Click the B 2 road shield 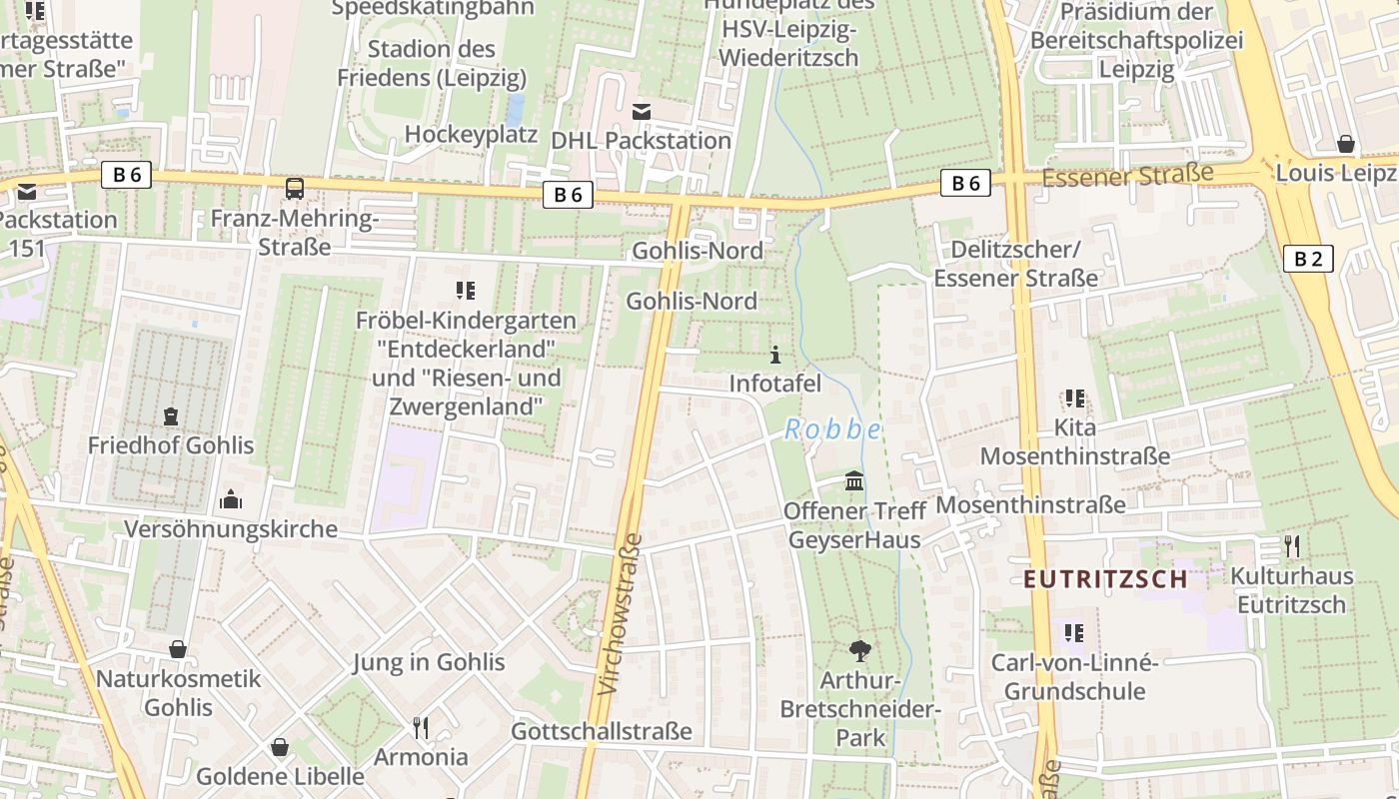click(x=1307, y=260)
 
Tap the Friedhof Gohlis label click(x=171, y=445)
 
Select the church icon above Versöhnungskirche click(x=231, y=498)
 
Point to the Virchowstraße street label click(x=621, y=613)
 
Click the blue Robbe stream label click(x=832, y=429)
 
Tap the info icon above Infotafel click(x=775, y=355)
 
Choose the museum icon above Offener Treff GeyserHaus click(x=854, y=481)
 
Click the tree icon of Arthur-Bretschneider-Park click(x=859, y=651)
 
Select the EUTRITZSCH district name click(x=1105, y=579)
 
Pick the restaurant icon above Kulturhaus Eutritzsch click(x=1292, y=546)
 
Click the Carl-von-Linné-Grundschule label click(x=1074, y=676)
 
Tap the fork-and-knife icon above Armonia click(x=421, y=727)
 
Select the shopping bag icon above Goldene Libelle click(x=280, y=747)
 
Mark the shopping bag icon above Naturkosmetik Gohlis click(x=178, y=649)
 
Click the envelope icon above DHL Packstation click(x=642, y=111)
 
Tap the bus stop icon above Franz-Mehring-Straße click(x=295, y=189)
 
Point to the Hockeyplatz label click(x=471, y=135)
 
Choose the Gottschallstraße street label click(x=601, y=731)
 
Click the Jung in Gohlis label click(x=429, y=662)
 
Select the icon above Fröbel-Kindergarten click(x=465, y=291)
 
